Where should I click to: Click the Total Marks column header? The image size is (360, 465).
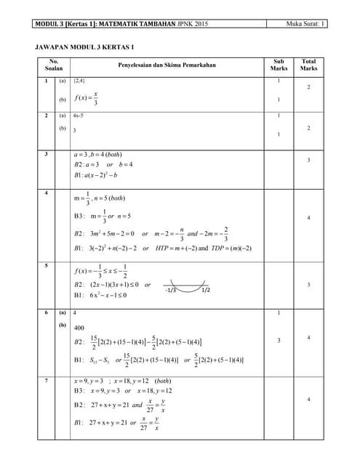pos(308,65)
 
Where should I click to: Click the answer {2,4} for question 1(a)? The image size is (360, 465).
pos(79,81)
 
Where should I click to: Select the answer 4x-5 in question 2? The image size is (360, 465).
pos(78,116)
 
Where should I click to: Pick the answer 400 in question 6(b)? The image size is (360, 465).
pos(79,328)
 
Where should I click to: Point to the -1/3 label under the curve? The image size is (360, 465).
pos(171,291)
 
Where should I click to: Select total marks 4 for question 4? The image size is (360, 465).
pos(308,217)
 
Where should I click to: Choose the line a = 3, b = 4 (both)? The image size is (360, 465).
pos(97,155)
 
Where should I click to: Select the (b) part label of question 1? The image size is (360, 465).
pos(63,99)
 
